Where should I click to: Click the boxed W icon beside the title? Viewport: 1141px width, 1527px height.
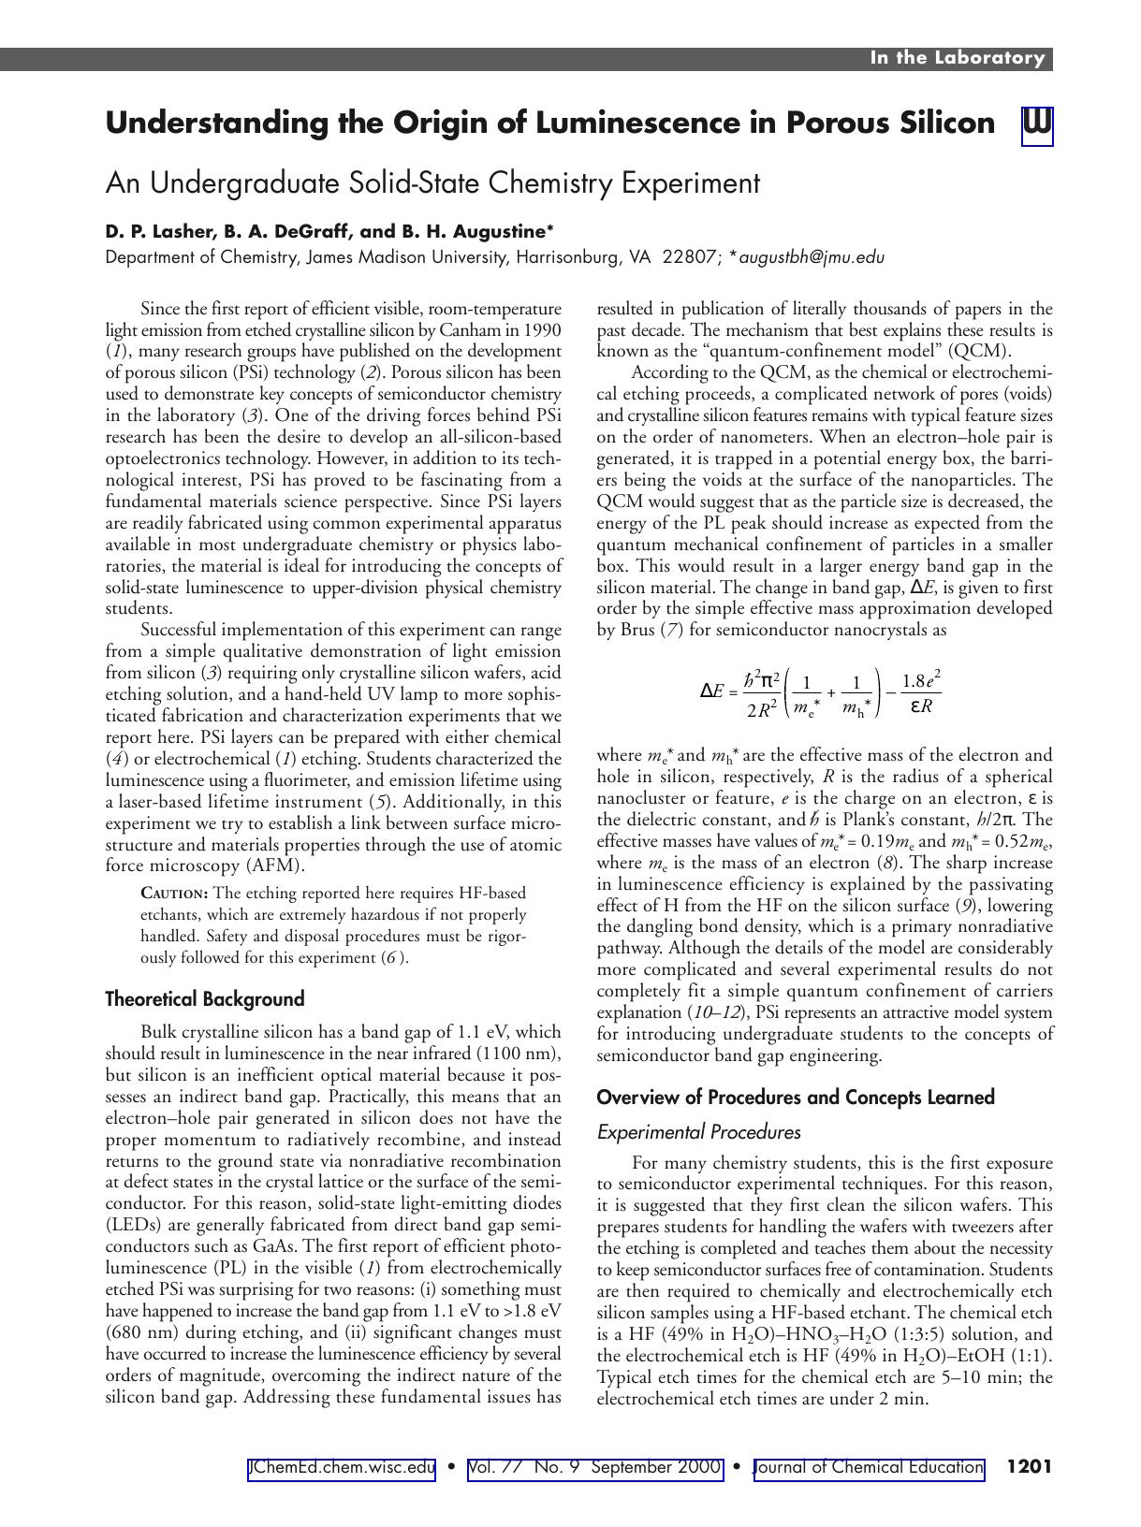(1037, 124)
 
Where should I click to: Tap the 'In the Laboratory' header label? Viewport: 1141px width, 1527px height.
(957, 58)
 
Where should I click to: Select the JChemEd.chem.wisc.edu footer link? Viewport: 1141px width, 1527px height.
(342, 1467)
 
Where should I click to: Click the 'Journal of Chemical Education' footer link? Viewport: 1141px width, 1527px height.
(868, 1467)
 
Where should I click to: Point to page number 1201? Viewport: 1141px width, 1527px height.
(1029, 1467)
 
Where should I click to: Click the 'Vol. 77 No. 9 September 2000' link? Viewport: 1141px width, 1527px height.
(594, 1467)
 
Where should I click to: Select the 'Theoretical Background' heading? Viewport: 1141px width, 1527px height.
(205, 999)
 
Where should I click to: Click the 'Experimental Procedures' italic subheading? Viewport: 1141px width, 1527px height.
(698, 1132)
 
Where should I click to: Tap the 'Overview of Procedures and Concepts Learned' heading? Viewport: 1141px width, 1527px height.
(795, 1098)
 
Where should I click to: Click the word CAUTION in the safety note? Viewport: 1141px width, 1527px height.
(175, 894)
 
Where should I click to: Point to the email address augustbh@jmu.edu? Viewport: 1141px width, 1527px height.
(812, 257)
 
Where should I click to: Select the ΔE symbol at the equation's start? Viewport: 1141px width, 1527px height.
(711, 691)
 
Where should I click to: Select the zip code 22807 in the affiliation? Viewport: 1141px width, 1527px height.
(687, 257)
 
